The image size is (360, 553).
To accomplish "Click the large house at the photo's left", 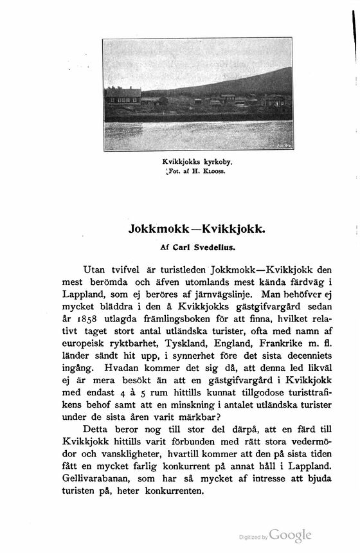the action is coord(123,95).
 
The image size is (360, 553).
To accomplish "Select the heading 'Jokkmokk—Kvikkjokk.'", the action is coord(197,230).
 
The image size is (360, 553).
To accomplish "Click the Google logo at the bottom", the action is coord(290,535).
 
